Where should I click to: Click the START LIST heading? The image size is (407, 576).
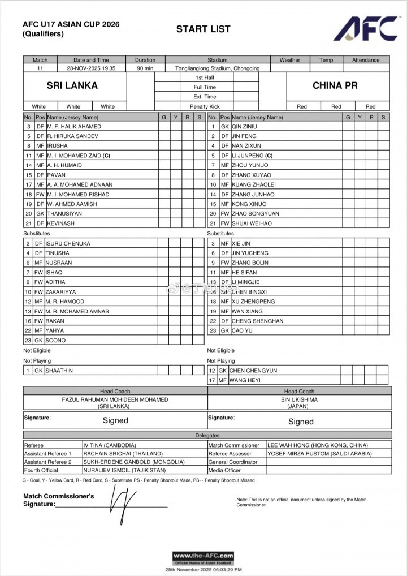click(203, 29)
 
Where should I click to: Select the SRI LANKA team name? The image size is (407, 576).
click(72, 86)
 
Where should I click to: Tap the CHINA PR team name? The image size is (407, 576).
click(335, 86)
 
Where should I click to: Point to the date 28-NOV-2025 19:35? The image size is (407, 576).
click(91, 68)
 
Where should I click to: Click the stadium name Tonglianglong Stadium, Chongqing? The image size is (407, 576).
click(218, 68)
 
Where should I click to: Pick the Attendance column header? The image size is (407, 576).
click(366, 60)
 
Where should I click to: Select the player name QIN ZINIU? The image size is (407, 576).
click(244, 127)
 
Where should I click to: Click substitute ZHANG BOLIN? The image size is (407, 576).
click(250, 263)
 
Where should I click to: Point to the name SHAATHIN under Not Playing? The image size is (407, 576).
click(59, 371)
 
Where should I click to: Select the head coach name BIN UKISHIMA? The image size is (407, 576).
click(299, 399)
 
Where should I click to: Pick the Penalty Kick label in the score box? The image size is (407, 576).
click(205, 106)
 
